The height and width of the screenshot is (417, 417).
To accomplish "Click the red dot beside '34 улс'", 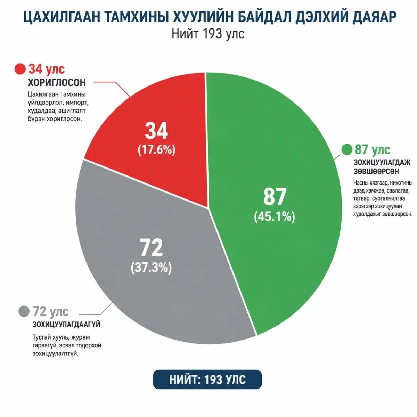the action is (x=20, y=69).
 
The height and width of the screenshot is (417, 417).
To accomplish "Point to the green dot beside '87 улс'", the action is (x=347, y=149).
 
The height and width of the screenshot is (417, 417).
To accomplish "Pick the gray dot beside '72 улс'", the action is (x=24, y=311).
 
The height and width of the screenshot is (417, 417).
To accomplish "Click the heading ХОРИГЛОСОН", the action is (x=57, y=83).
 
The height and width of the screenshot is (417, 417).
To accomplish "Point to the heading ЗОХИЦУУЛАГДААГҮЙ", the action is (x=67, y=325).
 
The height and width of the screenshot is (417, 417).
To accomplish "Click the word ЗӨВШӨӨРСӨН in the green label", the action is (x=376, y=171).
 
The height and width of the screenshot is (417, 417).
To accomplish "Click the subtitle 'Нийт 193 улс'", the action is (x=208, y=34).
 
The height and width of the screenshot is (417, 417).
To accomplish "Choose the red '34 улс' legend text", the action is (x=47, y=69).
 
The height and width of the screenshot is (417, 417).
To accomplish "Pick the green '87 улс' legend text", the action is (x=373, y=149).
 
